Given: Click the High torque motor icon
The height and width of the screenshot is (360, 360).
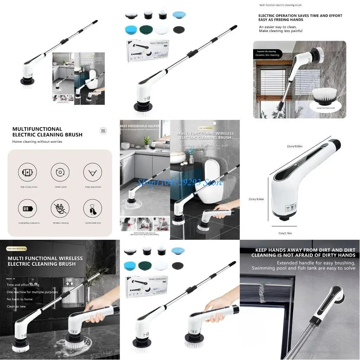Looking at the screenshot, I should (x=27, y=173).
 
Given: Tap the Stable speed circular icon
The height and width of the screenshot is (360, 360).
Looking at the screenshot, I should (x=60, y=173).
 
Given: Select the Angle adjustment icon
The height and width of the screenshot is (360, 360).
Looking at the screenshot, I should (x=92, y=173).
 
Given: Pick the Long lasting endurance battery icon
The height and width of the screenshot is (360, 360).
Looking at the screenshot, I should (x=27, y=208).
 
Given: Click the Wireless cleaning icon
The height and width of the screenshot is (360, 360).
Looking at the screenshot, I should (x=60, y=208).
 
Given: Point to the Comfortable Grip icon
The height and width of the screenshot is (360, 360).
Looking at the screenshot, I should (x=92, y=208).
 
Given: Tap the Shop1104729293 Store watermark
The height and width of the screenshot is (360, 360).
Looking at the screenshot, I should (x=180, y=182).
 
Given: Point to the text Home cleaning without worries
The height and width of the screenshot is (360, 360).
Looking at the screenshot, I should (x=37, y=142).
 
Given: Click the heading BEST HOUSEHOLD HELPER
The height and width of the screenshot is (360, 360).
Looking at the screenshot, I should (x=140, y=126).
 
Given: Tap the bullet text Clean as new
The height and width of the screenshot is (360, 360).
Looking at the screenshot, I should (x=16, y=306).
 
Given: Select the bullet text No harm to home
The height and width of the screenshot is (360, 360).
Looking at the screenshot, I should (x=20, y=299).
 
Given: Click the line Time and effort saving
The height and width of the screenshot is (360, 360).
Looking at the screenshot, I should (x=23, y=285).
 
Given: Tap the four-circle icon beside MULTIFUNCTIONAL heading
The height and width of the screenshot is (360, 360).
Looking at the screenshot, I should (x=103, y=131).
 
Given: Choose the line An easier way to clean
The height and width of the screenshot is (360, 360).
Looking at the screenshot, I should (x=278, y=27).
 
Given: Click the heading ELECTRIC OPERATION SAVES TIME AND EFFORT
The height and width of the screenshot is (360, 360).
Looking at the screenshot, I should (x=300, y=16).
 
